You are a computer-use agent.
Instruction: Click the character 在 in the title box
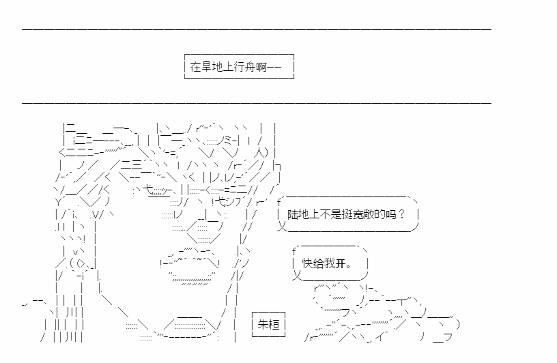point(196,66)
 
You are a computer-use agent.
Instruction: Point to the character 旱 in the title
point(207,66)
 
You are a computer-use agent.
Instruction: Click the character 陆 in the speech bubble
point(293,214)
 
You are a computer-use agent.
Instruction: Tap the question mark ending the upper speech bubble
point(402,214)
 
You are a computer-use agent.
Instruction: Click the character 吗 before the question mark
point(390,214)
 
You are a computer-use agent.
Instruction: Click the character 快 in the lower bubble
point(308,263)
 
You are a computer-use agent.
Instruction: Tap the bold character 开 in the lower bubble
point(341,263)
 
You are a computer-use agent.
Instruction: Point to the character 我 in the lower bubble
point(329,263)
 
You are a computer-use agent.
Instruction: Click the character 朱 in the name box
point(263,324)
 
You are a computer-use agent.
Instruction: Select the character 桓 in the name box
point(274,324)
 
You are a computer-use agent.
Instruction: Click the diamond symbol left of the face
point(81,263)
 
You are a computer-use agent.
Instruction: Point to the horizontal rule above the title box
point(257,29)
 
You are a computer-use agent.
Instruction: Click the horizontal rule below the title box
point(257,103)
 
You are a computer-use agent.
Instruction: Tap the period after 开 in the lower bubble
point(348,266)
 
